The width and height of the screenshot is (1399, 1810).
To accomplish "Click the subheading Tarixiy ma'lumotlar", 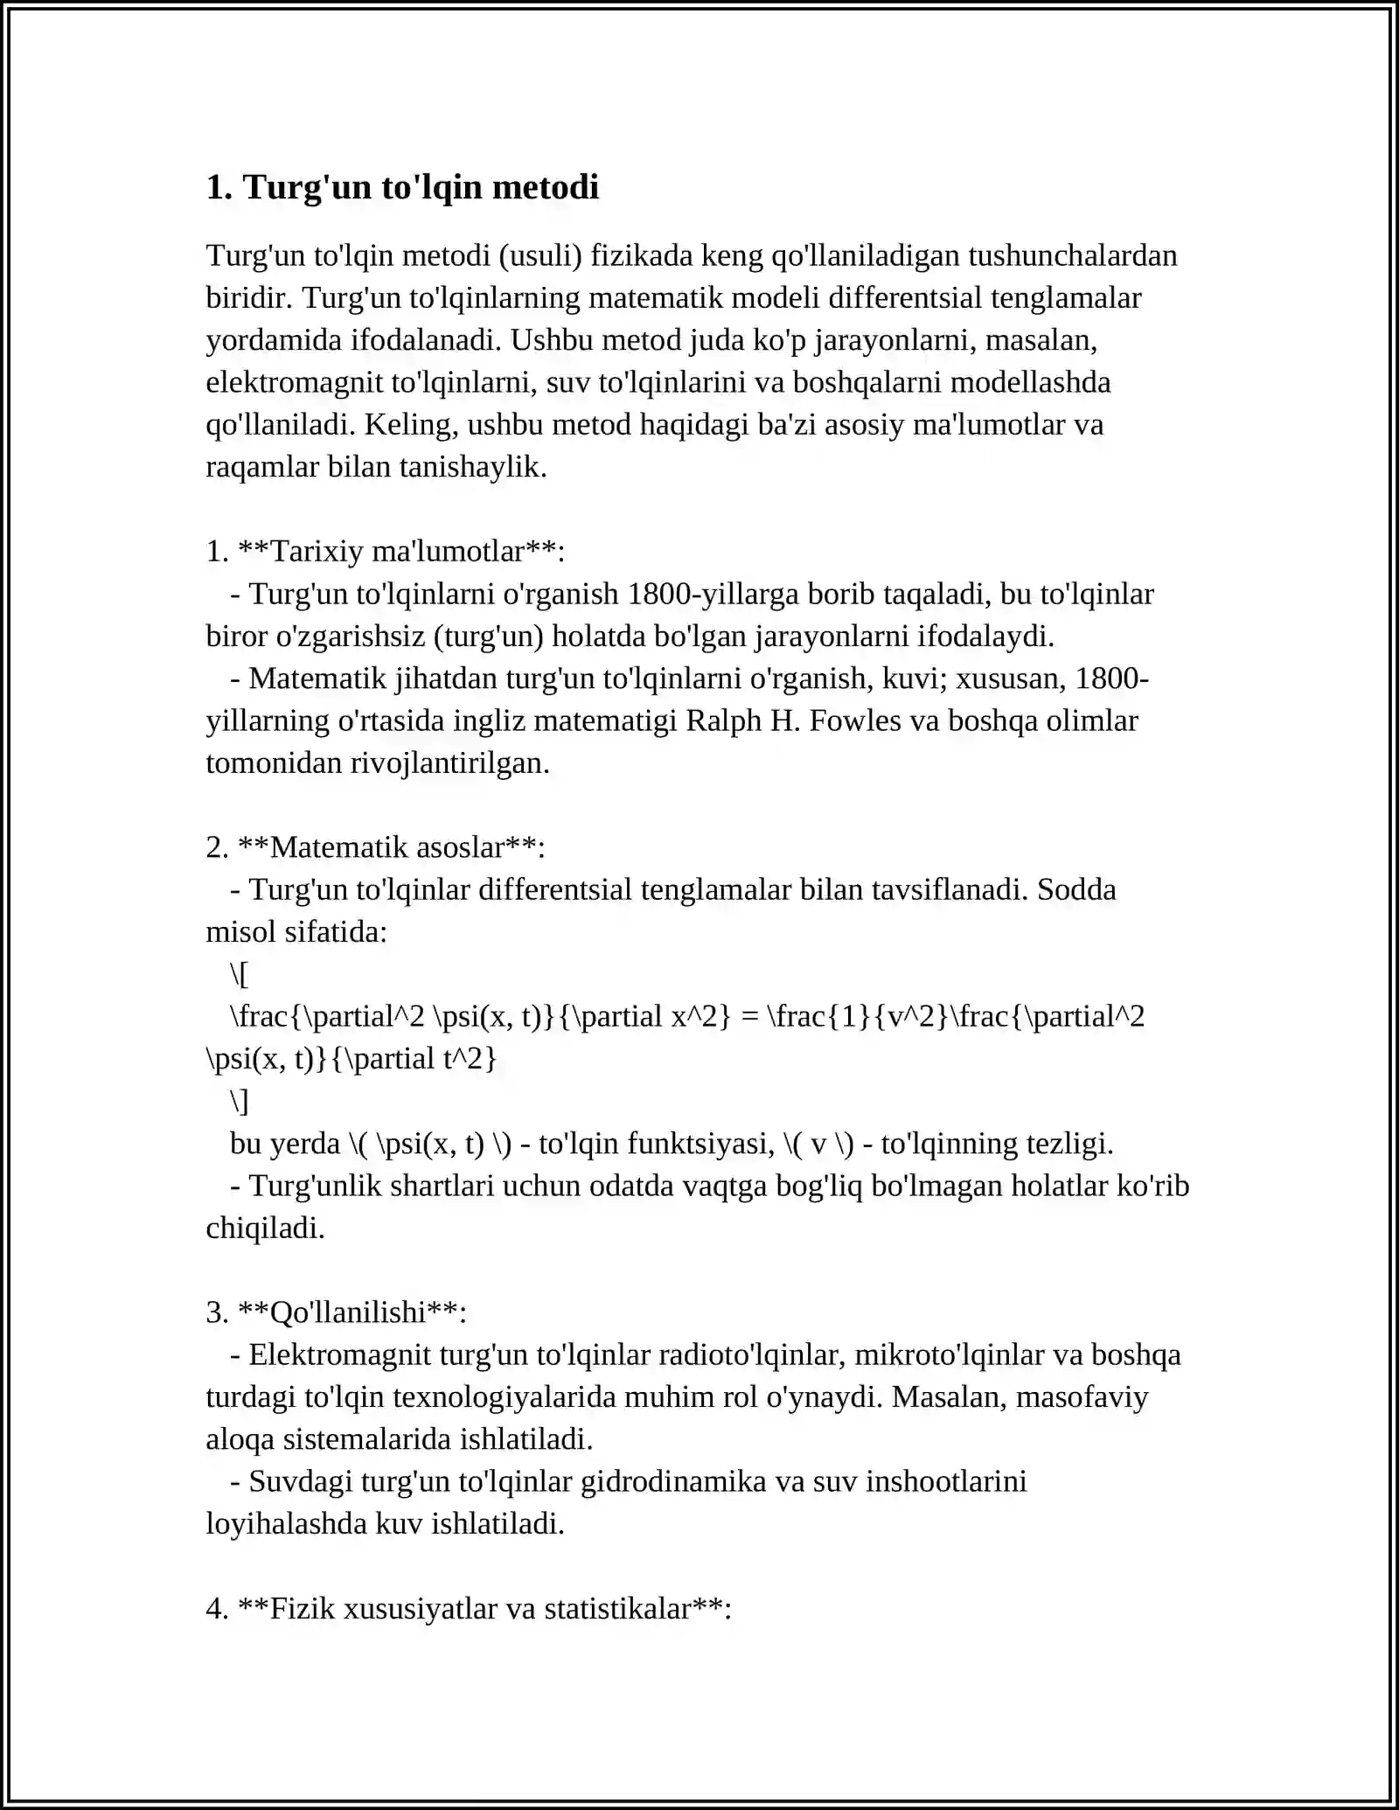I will [x=398, y=552].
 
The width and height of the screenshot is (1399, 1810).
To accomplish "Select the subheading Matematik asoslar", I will [x=388, y=847].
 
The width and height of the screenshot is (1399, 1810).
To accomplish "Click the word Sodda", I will [x=1076, y=889].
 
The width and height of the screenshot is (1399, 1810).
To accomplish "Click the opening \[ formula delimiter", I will [x=240, y=974].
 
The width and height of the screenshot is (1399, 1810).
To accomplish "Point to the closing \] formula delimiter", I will [x=240, y=1101].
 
